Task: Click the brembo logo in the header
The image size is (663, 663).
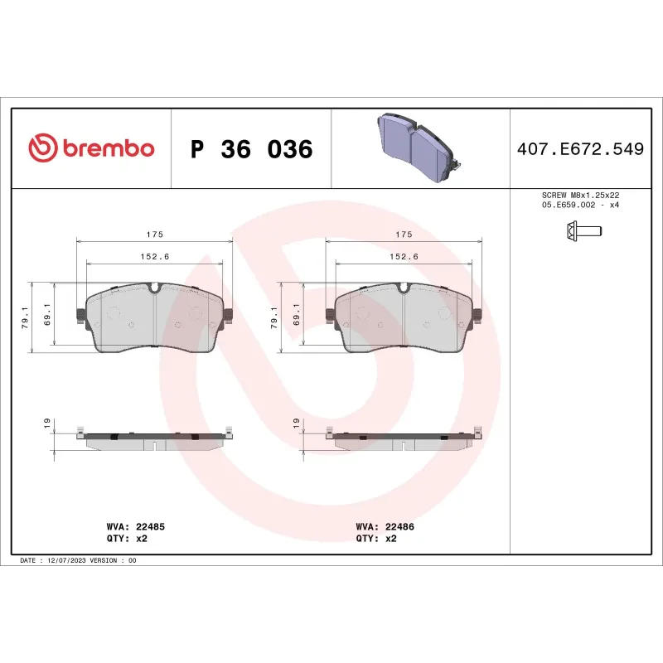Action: click(91, 148)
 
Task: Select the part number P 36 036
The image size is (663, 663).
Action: click(251, 150)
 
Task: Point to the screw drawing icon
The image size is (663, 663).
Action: click(578, 230)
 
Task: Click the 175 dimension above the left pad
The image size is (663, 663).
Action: click(154, 235)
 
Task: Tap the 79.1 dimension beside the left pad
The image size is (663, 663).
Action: click(24, 317)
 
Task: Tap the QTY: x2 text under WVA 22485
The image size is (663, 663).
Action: click(127, 538)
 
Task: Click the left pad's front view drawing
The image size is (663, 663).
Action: click(155, 319)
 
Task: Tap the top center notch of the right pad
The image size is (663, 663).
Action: click(404, 288)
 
